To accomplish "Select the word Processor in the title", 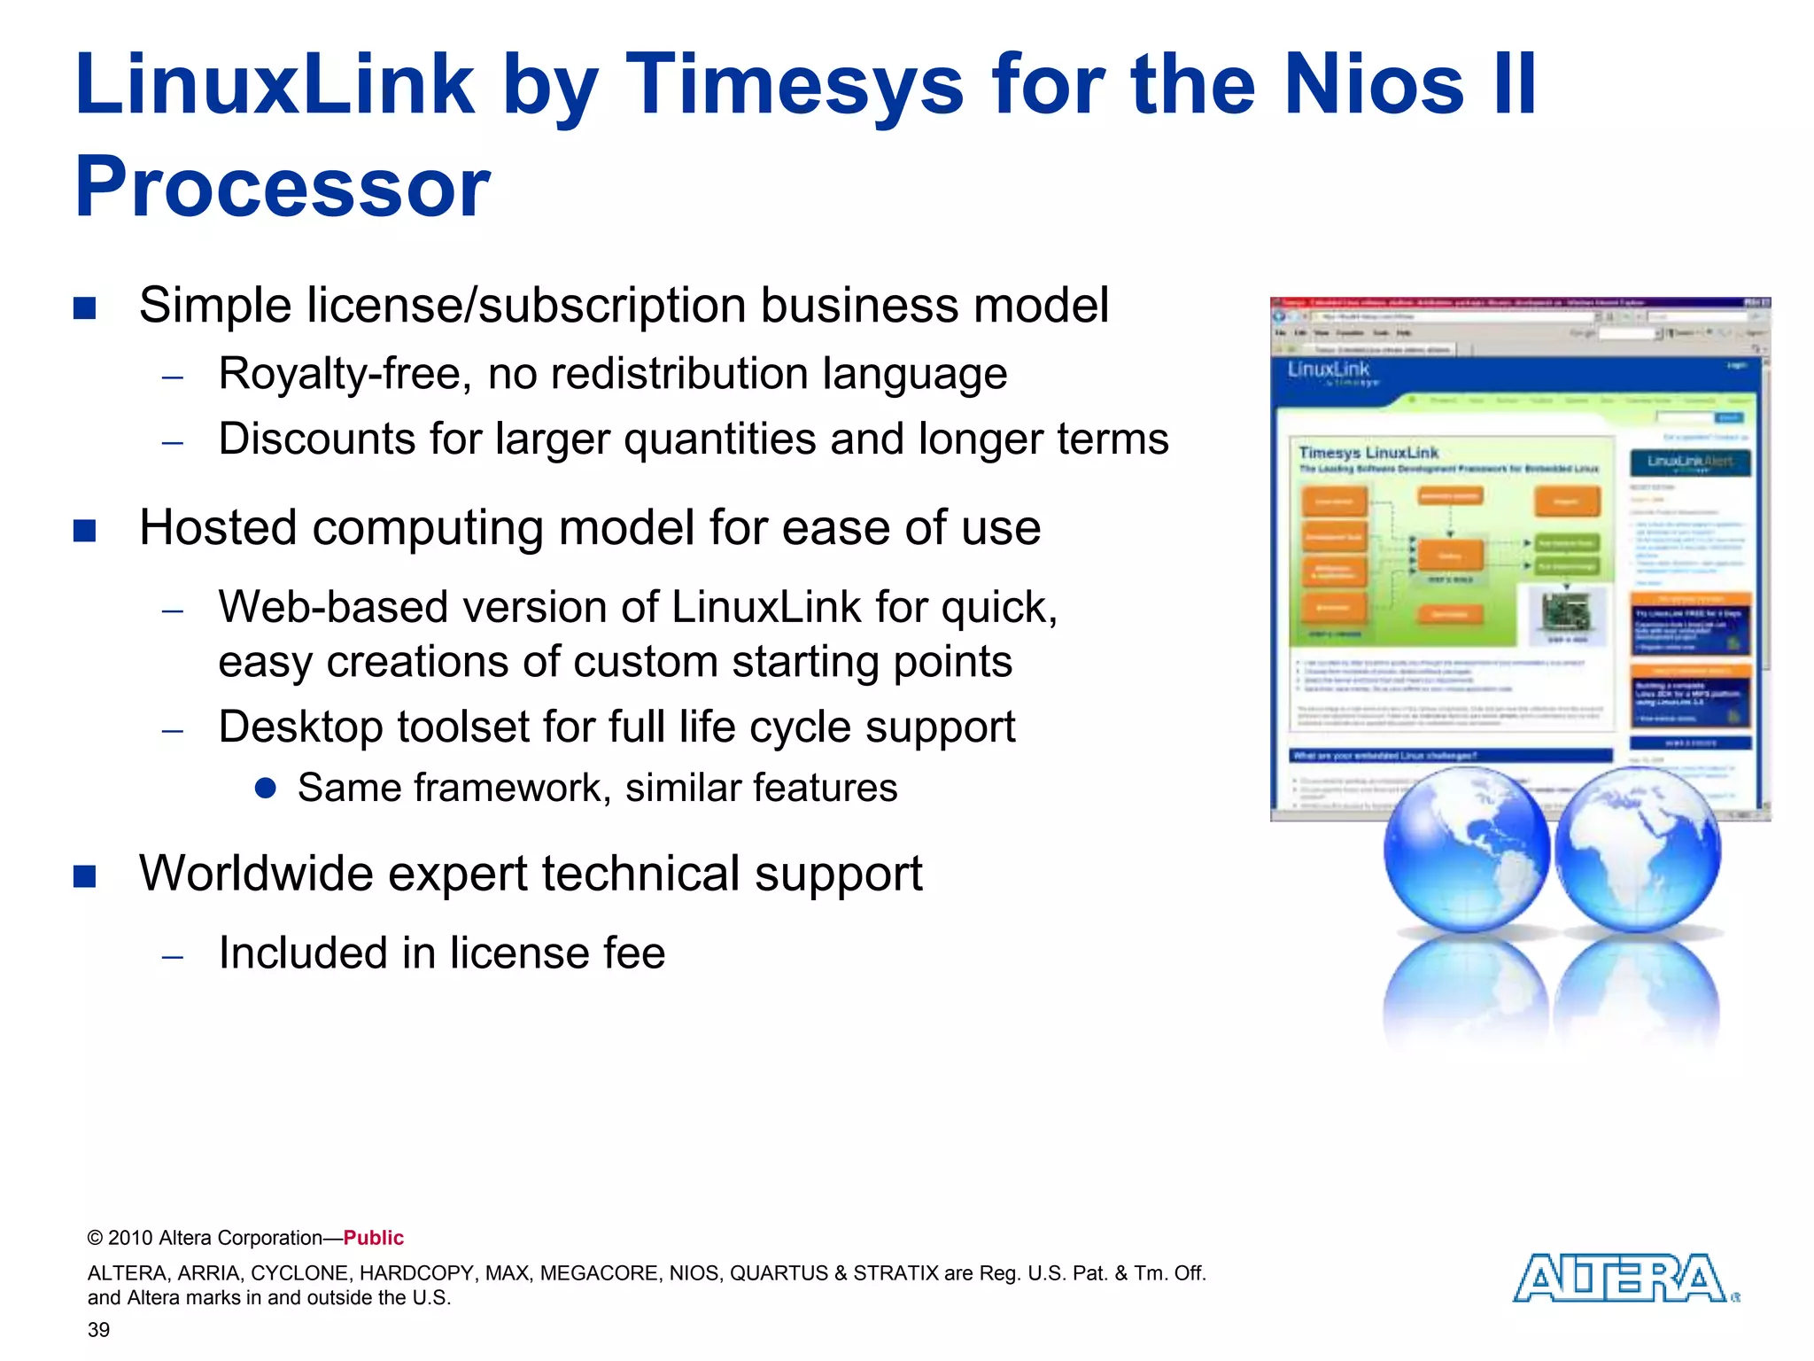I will (282, 188).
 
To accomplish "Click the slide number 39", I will (98, 1330).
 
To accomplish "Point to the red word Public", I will (373, 1238).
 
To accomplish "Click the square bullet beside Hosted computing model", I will (85, 530).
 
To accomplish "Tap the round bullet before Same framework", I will (265, 788).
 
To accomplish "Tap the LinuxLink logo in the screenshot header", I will (1329, 371).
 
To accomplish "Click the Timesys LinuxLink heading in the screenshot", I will (1368, 453).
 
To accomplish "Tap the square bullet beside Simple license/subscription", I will (85, 307).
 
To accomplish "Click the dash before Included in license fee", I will (173, 956).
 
